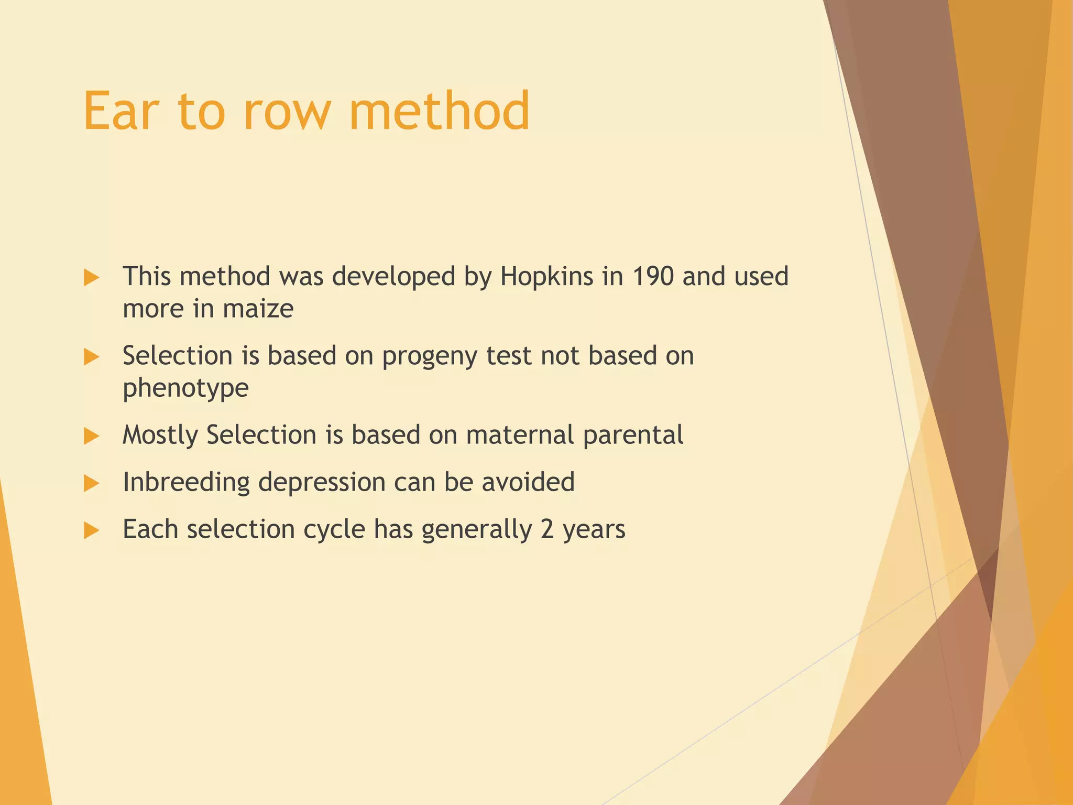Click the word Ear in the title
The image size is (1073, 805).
[x=121, y=111]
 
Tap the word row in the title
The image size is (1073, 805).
[x=287, y=111]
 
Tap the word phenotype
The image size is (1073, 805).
[x=185, y=388]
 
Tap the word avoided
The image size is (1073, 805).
[x=528, y=482]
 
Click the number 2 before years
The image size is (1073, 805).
[x=547, y=529]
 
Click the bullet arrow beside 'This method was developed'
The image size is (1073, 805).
[x=91, y=278]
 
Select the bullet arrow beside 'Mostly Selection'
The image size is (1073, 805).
[x=91, y=436]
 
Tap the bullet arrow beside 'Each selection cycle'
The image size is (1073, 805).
[x=91, y=530]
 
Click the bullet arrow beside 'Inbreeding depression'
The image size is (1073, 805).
[x=91, y=483]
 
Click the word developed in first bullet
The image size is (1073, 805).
[x=393, y=276]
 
